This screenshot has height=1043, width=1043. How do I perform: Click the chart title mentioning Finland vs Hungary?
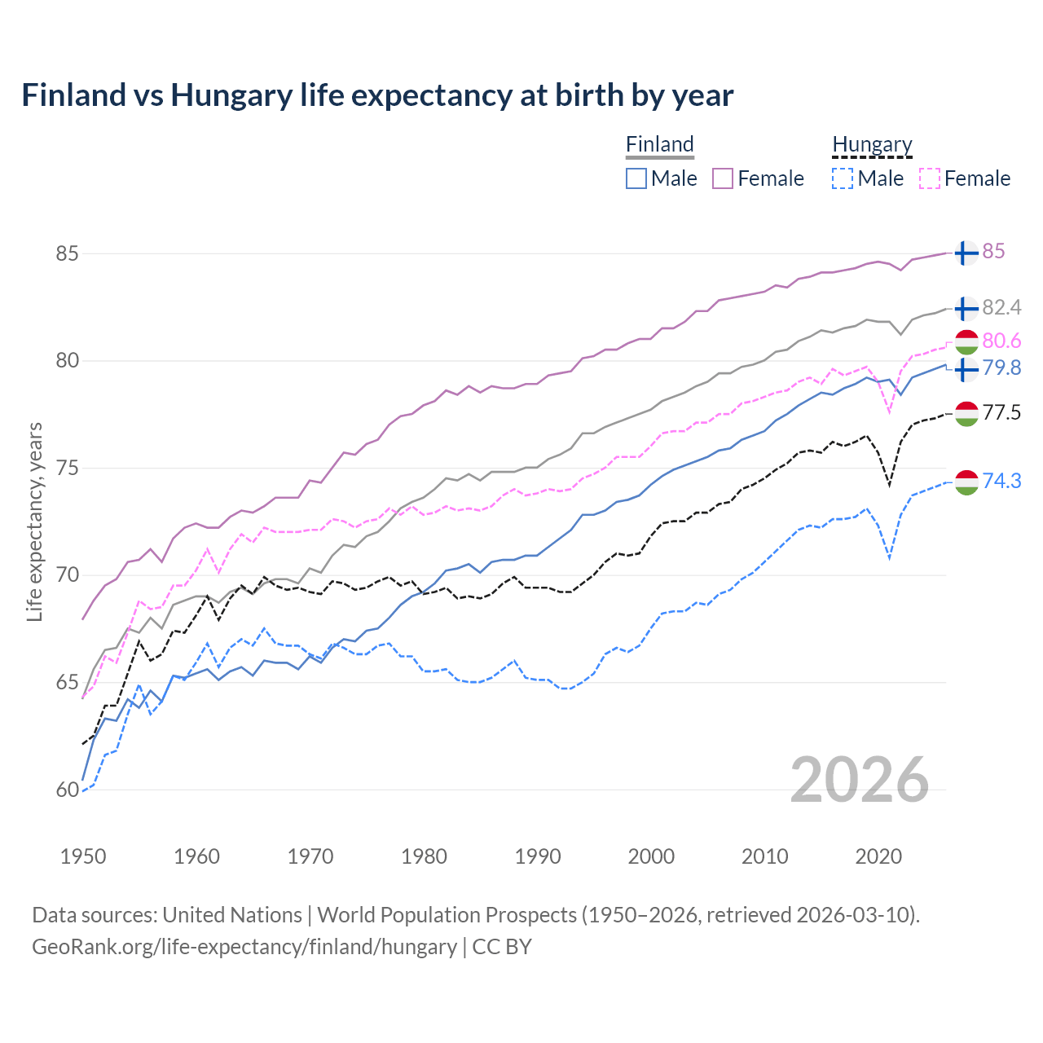click(x=377, y=95)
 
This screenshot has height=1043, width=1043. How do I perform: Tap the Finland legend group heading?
click(x=659, y=144)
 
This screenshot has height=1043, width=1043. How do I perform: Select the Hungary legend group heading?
click(x=872, y=144)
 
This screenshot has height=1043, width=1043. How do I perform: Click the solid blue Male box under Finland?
click(x=636, y=178)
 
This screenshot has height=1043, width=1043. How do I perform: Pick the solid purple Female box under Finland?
click(x=723, y=178)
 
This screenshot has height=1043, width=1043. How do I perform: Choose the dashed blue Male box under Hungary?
click(x=843, y=178)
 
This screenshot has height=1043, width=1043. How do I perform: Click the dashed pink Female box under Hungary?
click(x=929, y=178)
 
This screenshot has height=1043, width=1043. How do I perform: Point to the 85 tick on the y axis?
click(x=67, y=253)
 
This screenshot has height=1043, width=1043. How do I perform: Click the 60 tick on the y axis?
click(x=67, y=790)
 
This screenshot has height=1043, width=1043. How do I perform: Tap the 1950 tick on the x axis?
click(x=83, y=856)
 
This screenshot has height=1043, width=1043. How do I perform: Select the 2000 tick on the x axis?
click(x=651, y=856)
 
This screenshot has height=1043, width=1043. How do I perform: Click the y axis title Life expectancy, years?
click(x=34, y=521)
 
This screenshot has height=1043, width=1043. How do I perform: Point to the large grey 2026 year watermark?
click(x=860, y=780)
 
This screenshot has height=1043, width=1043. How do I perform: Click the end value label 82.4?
click(x=1001, y=307)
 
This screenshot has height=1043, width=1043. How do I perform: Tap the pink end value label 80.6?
click(x=1001, y=341)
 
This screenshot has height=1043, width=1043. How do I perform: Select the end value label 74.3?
click(x=1001, y=481)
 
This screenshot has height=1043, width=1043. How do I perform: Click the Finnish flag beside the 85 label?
click(x=966, y=253)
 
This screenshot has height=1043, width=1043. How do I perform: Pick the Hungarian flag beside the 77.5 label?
click(x=966, y=414)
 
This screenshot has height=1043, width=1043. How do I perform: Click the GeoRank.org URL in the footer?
click(x=244, y=947)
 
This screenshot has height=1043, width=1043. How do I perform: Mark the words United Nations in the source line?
click(x=232, y=915)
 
